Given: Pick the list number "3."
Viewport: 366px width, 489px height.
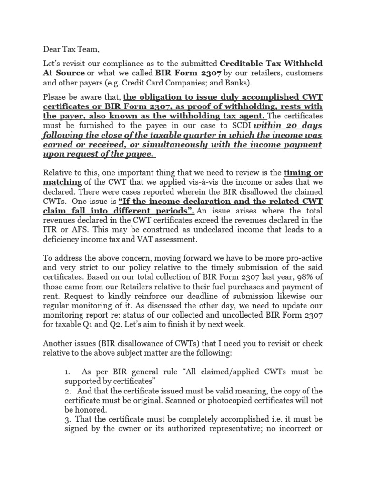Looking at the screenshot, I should click(68, 419).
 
